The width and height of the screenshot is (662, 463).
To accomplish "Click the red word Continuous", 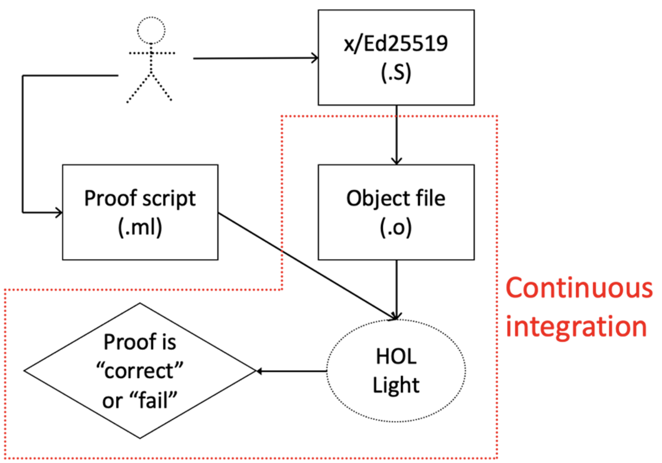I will [578, 288].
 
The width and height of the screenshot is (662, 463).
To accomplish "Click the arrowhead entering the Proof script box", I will [58, 212].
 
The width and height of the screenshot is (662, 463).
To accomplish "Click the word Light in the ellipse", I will [396, 385].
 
